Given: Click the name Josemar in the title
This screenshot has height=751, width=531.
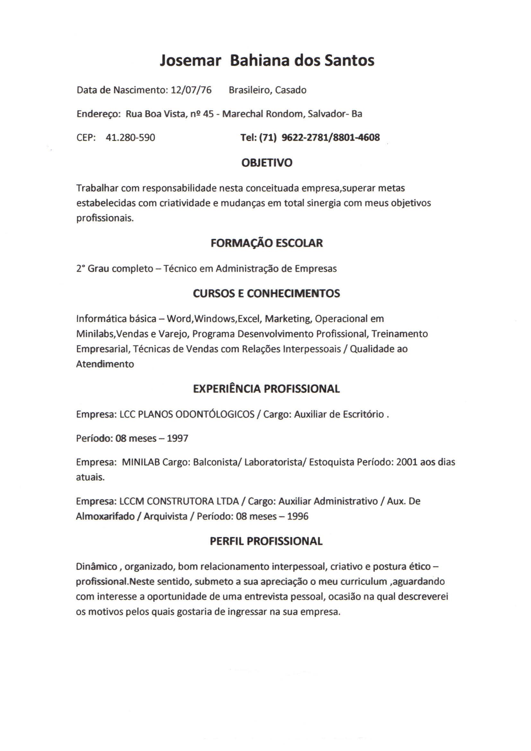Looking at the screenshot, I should click(190, 61).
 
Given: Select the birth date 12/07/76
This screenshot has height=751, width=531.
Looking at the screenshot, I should click(191, 90).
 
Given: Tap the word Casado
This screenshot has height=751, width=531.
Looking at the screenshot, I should click(290, 90).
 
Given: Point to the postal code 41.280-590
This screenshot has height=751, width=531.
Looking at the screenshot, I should click(130, 137).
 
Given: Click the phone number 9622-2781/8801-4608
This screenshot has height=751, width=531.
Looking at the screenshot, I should click(331, 137).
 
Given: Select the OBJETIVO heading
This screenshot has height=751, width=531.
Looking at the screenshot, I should click(266, 163).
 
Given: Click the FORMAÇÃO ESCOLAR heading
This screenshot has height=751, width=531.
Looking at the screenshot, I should click(266, 243).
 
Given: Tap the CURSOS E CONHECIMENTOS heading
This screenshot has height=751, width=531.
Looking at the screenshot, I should click(266, 293).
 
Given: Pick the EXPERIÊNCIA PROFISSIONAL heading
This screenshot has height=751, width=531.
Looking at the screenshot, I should click(266, 389).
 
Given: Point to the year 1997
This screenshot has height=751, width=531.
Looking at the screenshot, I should click(177, 438).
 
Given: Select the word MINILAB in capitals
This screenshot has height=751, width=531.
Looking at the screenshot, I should click(141, 462).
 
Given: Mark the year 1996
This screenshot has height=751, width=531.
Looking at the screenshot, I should click(298, 516).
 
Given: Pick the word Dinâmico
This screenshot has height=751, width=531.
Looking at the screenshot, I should click(96, 567).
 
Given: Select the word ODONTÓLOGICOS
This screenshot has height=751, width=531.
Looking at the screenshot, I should click(215, 414).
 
